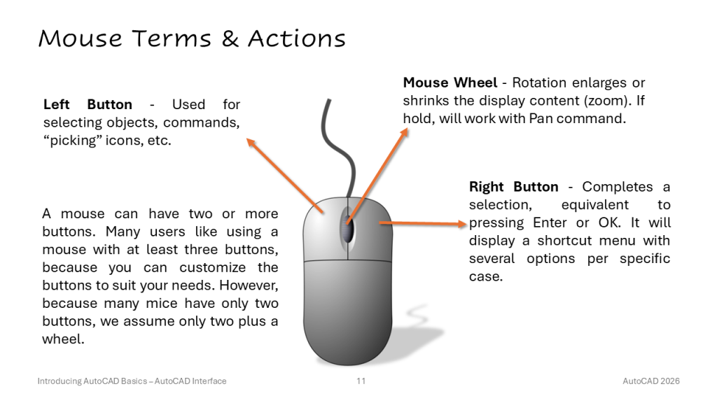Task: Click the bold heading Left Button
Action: pyautogui.click(x=88, y=105)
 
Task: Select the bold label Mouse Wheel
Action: pyautogui.click(x=450, y=83)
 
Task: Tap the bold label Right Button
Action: pyautogui.click(x=513, y=187)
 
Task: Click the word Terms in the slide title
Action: pyautogui.click(x=172, y=38)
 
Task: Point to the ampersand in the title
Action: pyautogui.click(x=230, y=38)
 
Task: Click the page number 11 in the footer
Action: pyautogui.click(x=361, y=381)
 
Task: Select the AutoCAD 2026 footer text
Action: pyautogui.click(x=651, y=381)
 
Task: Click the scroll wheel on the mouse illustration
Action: pyautogui.click(x=347, y=227)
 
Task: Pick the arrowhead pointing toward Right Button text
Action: pyautogui.click(x=461, y=224)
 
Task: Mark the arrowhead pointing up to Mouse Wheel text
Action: pyautogui.click(x=404, y=132)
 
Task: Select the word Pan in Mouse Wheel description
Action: pyautogui.click(x=541, y=119)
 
